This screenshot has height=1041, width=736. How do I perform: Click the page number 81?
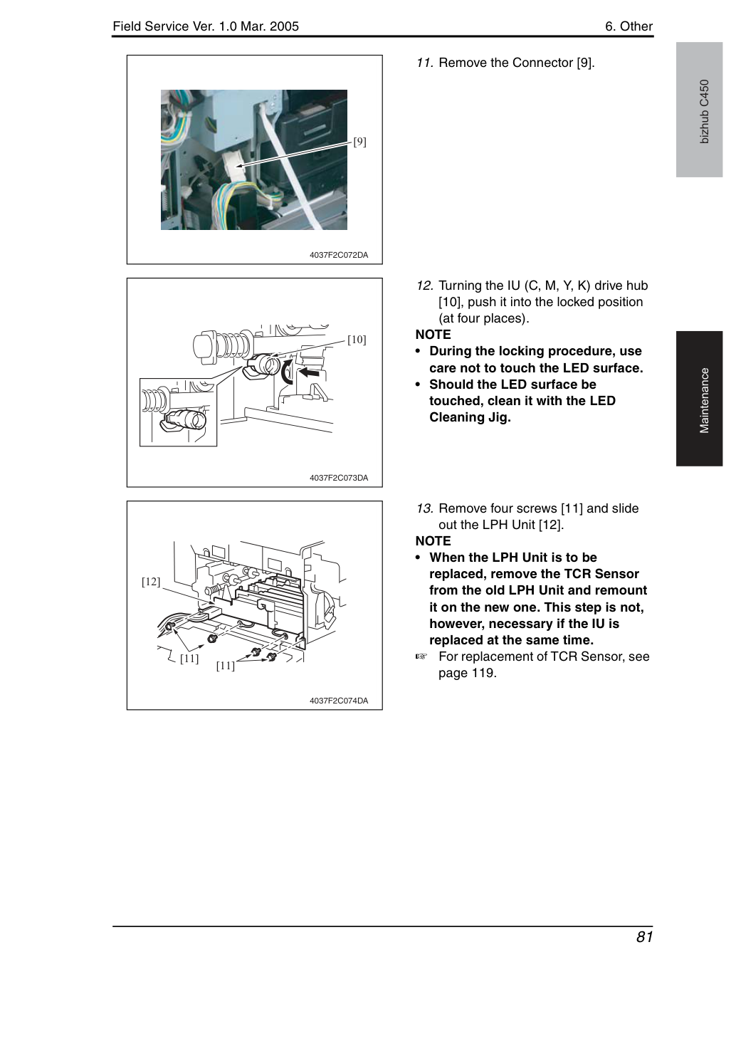[x=644, y=936]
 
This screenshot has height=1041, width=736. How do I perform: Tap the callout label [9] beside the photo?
[x=359, y=141]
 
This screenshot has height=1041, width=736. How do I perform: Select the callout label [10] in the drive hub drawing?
[x=357, y=340]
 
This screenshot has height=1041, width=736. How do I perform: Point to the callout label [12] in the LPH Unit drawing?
[x=151, y=582]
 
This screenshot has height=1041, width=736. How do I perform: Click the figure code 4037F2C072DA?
[x=339, y=255]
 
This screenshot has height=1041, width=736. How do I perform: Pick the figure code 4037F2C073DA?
[x=339, y=478]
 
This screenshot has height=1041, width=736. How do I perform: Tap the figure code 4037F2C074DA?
[x=339, y=701]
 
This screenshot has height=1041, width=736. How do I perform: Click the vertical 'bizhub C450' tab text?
[x=705, y=112]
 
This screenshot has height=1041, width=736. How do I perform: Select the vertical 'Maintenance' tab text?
[x=705, y=401]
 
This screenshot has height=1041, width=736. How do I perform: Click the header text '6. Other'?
[x=629, y=26]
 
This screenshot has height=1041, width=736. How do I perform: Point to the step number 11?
[x=424, y=63]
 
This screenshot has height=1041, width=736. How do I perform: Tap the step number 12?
[x=425, y=286]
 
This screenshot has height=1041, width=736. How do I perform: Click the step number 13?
[x=425, y=508]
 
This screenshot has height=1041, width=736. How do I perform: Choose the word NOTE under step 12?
[x=433, y=335]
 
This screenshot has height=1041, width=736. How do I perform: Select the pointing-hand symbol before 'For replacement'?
[x=421, y=656]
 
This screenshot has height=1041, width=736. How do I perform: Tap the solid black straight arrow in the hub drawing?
[x=310, y=372]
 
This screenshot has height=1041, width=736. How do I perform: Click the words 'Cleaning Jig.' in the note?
[x=470, y=417]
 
